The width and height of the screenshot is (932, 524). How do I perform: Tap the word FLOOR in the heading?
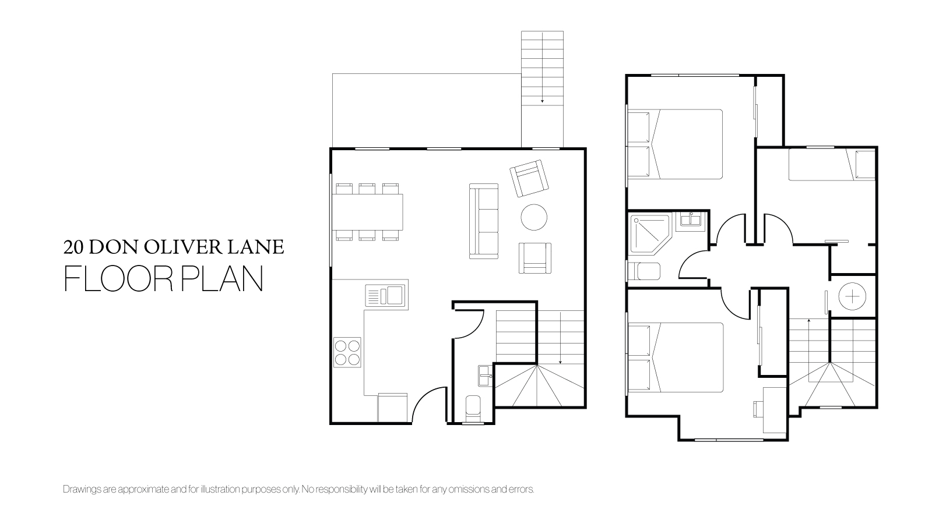(x=118, y=279)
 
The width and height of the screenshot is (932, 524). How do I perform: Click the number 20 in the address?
(x=73, y=247)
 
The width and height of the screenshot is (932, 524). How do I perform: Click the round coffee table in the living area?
(x=534, y=217)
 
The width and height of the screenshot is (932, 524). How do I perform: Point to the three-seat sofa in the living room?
(x=484, y=221)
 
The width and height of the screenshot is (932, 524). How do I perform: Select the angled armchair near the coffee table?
(x=529, y=178)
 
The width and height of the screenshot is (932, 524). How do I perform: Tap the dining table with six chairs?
(x=368, y=212)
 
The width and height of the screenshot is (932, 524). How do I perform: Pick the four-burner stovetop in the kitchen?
(x=347, y=352)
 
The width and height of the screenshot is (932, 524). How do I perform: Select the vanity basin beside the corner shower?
(x=691, y=218)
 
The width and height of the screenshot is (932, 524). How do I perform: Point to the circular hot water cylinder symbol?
(x=852, y=296)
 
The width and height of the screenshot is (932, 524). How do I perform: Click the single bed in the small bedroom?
(x=832, y=165)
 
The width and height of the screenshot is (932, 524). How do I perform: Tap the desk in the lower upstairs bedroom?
(x=775, y=410)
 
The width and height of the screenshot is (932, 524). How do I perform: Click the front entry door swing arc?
(x=424, y=397)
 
